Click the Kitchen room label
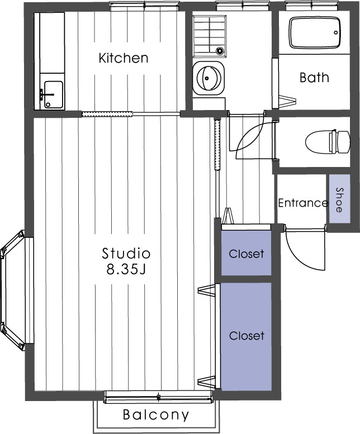point(123,58)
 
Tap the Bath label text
point(314,77)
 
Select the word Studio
point(126,252)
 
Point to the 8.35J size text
point(126,270)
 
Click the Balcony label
point(156,415)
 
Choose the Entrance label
point(302,203)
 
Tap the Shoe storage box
point(339,198)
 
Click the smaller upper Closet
point(246,254)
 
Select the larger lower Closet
point(246,336)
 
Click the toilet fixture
point(321,142)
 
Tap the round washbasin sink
point(209,78)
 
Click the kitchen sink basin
point(53,93)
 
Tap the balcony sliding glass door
point(159,397)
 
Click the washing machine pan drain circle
point(220,51)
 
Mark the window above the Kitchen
point(145,6)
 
